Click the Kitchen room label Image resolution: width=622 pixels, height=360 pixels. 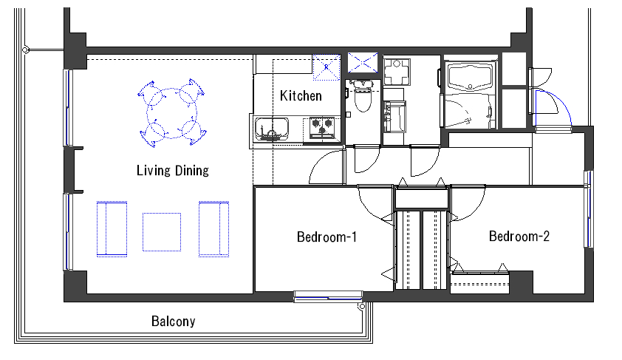pos(301,95)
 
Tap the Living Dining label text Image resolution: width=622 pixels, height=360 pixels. pos(173,170)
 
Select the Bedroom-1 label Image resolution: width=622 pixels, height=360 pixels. pos(327,237)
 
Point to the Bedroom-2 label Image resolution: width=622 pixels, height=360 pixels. pos(519,236)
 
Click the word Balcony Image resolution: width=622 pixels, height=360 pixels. pos(174,321)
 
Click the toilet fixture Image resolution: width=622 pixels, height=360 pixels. pos(362,96)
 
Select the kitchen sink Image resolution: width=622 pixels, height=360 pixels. pos(271,129)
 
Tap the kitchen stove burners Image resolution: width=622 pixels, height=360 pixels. pos(321,128)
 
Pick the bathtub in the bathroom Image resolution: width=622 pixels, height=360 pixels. pos(470,77)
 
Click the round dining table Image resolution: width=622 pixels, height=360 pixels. pos(172,113)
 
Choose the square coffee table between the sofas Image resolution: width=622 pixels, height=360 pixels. pos(162,232)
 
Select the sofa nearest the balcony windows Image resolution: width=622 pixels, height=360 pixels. pos(112,229)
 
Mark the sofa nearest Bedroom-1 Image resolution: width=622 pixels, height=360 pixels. pos(213,229)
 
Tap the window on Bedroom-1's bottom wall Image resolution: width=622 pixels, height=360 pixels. pos(328,297)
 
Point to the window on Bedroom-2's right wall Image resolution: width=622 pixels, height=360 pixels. pos(589,209)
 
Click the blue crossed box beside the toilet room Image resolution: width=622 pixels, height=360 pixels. pos(363,63)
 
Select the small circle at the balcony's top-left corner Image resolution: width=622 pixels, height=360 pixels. pos(25,50)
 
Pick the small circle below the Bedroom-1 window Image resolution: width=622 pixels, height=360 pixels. pos(362,307)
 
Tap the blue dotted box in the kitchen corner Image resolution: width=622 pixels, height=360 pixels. pos(327,67)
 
